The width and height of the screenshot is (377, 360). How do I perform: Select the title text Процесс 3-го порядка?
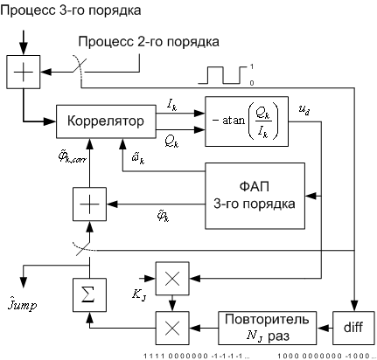pos(71,10)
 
